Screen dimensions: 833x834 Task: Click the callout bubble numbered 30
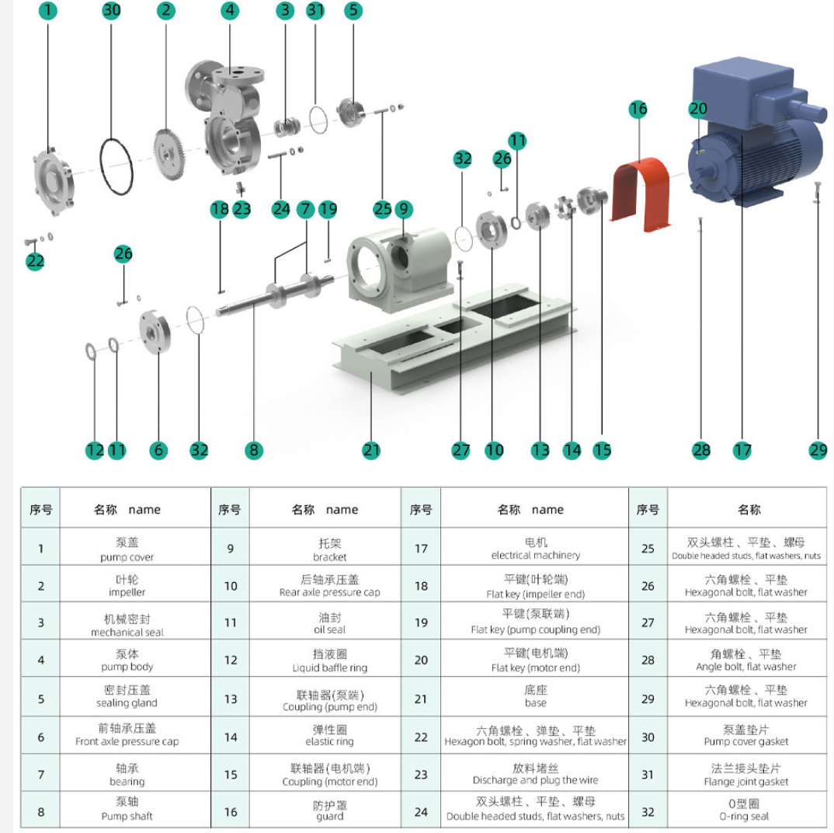tap(113, 11)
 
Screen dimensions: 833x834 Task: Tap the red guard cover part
tap(638, 194)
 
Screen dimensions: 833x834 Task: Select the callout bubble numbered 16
tap(638, 109)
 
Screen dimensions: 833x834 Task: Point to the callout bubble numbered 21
tap(371, 450)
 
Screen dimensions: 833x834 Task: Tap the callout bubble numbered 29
tap(818, 450)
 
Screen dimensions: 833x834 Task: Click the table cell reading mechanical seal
tap(127, 622)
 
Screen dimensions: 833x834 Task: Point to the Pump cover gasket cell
tap(749, 735)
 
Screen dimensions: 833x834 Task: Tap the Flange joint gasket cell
tap(749, 774)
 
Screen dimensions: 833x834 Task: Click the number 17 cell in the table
tap(421, 549)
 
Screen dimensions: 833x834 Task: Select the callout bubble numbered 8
tap(254, 450)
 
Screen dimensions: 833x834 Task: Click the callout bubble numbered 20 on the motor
tap(698, 110)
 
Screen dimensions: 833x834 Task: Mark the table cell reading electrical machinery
tap(535, 549)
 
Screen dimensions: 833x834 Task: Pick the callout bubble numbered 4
tap(230, 11)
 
